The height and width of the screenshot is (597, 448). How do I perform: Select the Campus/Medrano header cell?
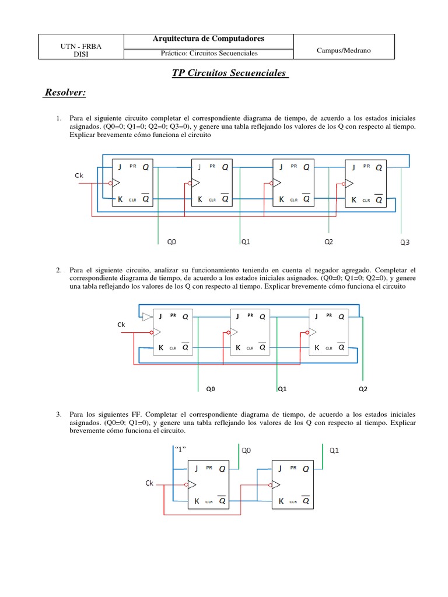click(344, 51)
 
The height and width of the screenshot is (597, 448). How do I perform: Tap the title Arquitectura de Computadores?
click(208, 38)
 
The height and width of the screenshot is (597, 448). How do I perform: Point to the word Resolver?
click(65, 93)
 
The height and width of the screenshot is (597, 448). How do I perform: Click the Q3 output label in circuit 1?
click(404, 243)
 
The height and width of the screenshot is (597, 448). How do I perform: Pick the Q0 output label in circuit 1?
click(171, 241)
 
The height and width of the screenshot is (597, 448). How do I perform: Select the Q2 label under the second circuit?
click(363, 388)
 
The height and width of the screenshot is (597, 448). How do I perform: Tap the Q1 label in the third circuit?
click(334, 450)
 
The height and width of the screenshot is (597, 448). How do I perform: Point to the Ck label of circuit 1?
click(79, 175)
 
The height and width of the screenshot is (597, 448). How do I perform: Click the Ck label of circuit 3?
click(150, 483)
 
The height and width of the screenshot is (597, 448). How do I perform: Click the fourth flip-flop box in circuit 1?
click(369, 182)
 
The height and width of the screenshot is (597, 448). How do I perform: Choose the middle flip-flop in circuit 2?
click(251, 331)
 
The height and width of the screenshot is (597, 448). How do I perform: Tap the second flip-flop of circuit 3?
click(293, 484)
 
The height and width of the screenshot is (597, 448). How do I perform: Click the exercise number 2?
click(59, 271)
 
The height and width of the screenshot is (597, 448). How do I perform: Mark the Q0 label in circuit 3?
click(246, 450)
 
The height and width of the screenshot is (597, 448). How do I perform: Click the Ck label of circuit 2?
click(121, 324)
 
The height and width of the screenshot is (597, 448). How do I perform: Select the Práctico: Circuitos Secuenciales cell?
click(209, 53)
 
